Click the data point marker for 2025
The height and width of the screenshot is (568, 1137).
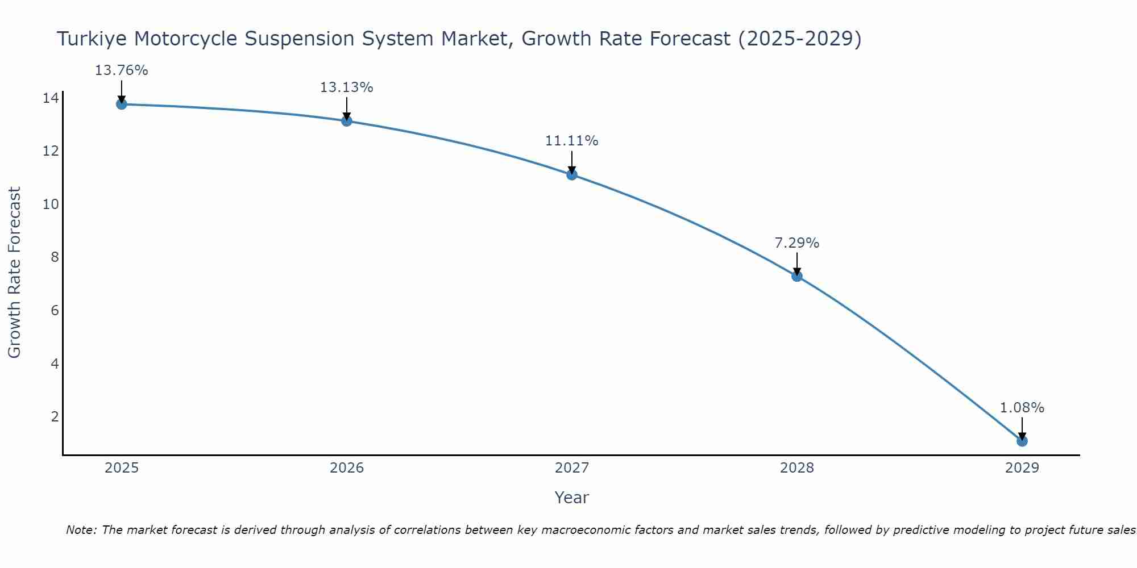click(121, 104)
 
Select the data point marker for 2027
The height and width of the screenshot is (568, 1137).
click(572, 174)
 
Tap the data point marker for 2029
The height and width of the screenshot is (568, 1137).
click(1022, 441)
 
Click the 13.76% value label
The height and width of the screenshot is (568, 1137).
click(121, 70)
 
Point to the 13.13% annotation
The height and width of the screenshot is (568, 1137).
click(346, 87)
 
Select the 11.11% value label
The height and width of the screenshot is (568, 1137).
click(571, 141)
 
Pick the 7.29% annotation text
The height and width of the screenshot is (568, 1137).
click(796, 243)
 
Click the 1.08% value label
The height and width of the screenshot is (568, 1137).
click(1022, 408)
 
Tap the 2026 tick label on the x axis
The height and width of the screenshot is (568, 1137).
click(347, 468)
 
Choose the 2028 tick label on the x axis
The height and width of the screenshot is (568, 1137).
click(797, 468)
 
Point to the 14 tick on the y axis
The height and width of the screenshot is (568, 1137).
click(51, 98)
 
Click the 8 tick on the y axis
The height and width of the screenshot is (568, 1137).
click(55, 257)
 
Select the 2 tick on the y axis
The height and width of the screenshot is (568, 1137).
click(55, 416)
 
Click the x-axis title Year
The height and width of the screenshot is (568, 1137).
click(571, 498)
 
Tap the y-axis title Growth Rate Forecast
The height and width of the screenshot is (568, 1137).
click(14, 272)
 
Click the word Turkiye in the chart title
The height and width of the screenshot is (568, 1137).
click(91, 39)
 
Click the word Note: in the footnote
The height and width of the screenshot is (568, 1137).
click(82, 530)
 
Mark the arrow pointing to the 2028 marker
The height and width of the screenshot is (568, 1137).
click(797, 264)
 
